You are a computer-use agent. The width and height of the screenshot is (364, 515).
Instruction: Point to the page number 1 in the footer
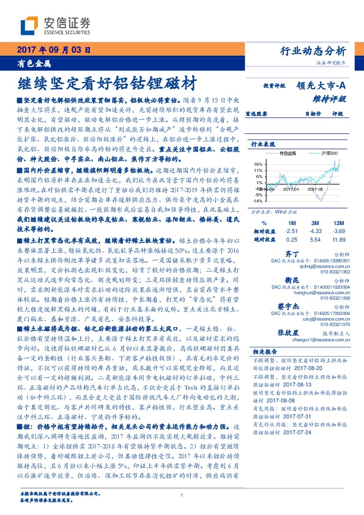[x=182, y=495]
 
